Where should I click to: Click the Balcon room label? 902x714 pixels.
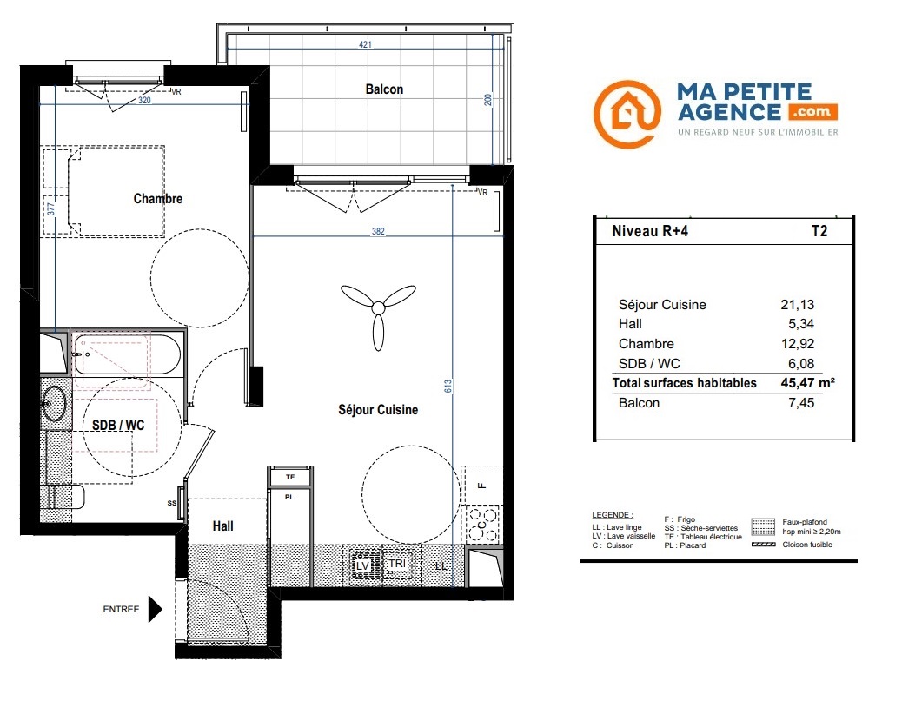tap(384, 89)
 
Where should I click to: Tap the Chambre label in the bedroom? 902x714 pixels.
tap(158, 198)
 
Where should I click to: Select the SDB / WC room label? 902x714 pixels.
tap(118, 426)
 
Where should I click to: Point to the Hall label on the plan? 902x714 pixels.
tap(223, 526)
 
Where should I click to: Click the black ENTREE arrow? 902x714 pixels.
tap(155, 610)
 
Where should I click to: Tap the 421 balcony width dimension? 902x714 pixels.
tap(365, 44)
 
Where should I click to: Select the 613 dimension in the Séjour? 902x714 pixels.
tap(448, 387)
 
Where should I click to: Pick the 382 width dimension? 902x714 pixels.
tap(378, 231)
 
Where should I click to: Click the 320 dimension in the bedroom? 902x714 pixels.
tap(143, 100)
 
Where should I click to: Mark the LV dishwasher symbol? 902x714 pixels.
tap(362, 565)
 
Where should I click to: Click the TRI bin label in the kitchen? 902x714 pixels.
tap(397, 564)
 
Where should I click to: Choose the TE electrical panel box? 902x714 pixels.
tap(290, 477)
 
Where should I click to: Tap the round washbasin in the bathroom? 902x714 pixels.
tap(55, 404)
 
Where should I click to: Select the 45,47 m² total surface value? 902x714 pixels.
tap(807, 383)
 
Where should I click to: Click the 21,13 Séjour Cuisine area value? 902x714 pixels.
tap(798, 305)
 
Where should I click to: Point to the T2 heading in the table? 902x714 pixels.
tap(819, 231)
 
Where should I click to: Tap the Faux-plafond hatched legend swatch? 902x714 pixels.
tap(763, 526)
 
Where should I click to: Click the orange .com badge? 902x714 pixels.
tap(812, 111)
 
